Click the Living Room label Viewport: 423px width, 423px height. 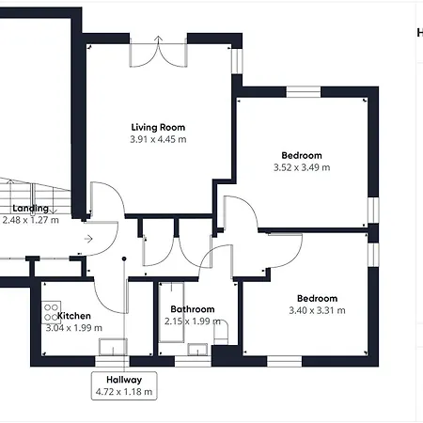157,127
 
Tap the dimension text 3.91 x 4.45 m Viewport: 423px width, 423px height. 157,139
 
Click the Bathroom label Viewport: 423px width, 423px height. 192,309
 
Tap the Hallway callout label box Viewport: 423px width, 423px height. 123,385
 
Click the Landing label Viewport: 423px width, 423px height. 30,208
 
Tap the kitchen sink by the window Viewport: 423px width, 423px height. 112,346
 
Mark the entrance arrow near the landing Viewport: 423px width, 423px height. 87,240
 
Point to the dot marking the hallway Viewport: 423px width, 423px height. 124,259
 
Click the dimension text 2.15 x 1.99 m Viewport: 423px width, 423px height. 192,321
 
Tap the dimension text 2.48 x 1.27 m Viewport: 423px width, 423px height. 30,220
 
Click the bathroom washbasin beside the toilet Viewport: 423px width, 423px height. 199,349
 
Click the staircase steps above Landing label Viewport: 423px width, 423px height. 33,188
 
